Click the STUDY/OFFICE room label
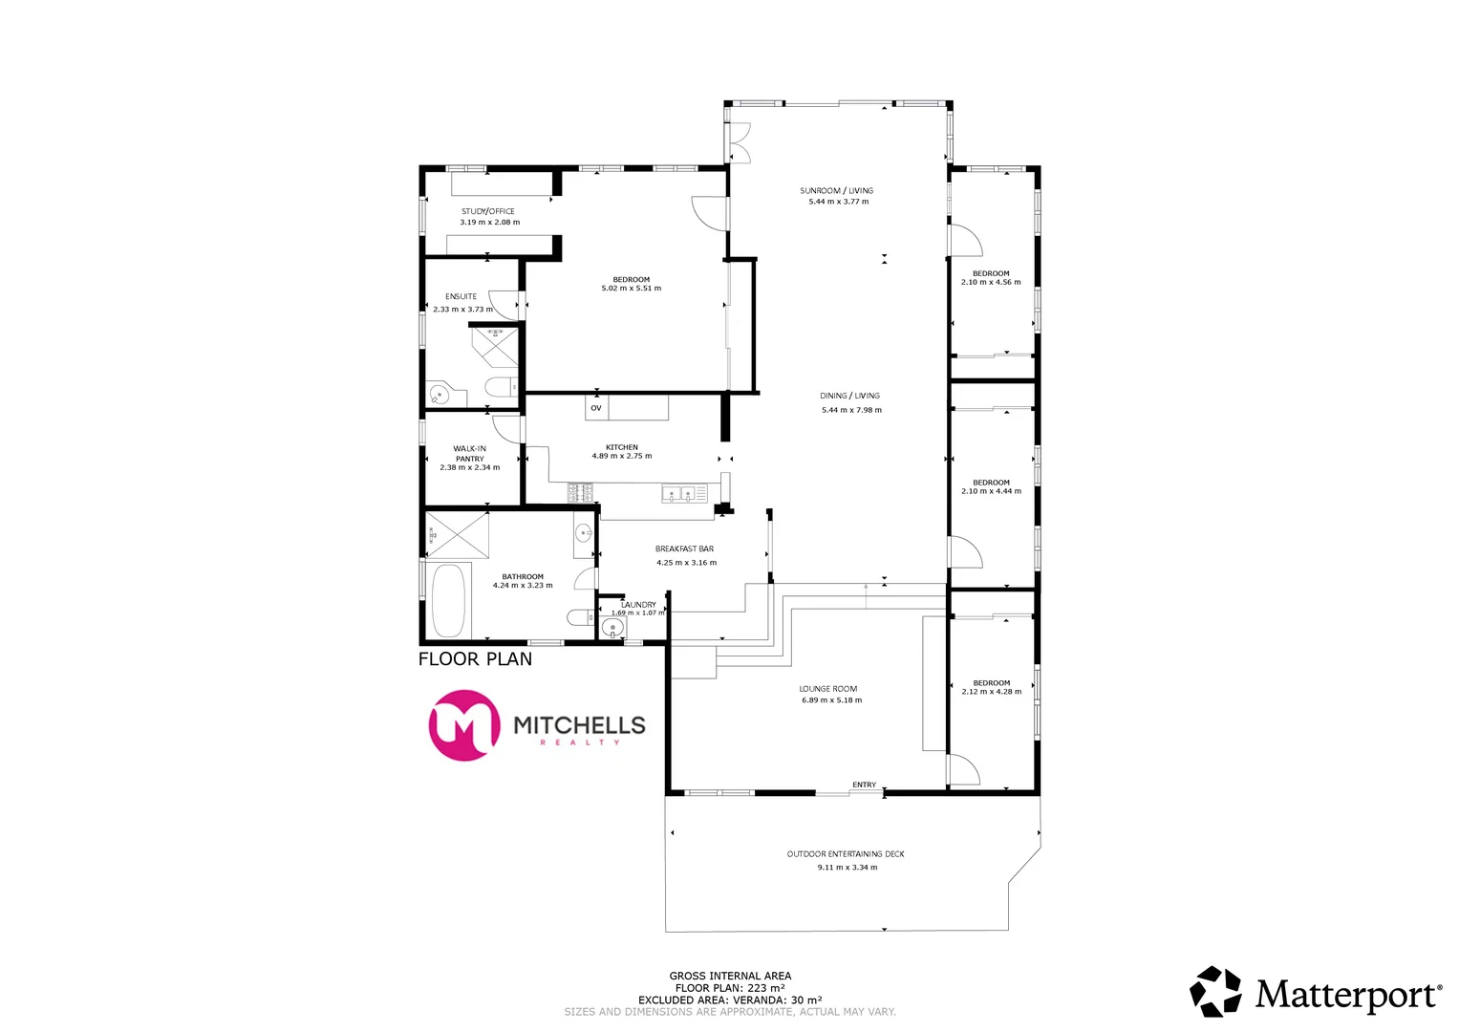tap(487, 211)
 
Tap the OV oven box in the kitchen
tap(596, 408)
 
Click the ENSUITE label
tap(461, 296)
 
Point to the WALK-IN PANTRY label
tap(469, 453)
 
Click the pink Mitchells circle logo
tap(464, 725)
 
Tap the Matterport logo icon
tap(1215, 991)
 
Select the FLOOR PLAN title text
tap(475, 659)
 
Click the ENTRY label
tap(864, 785)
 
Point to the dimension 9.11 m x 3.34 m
tap(847, 868)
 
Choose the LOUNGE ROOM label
tap(828, 689)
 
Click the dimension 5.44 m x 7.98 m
tap(851, 410)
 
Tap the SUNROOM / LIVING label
tap(836, 190)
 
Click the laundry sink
tap(612, 628)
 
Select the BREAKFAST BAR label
tap(684, 548)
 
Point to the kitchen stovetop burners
tap(580, 494)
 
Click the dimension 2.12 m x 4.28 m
tap(991, 692)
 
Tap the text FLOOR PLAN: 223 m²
tap(730, 988)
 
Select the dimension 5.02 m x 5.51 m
tap(631, 289)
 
